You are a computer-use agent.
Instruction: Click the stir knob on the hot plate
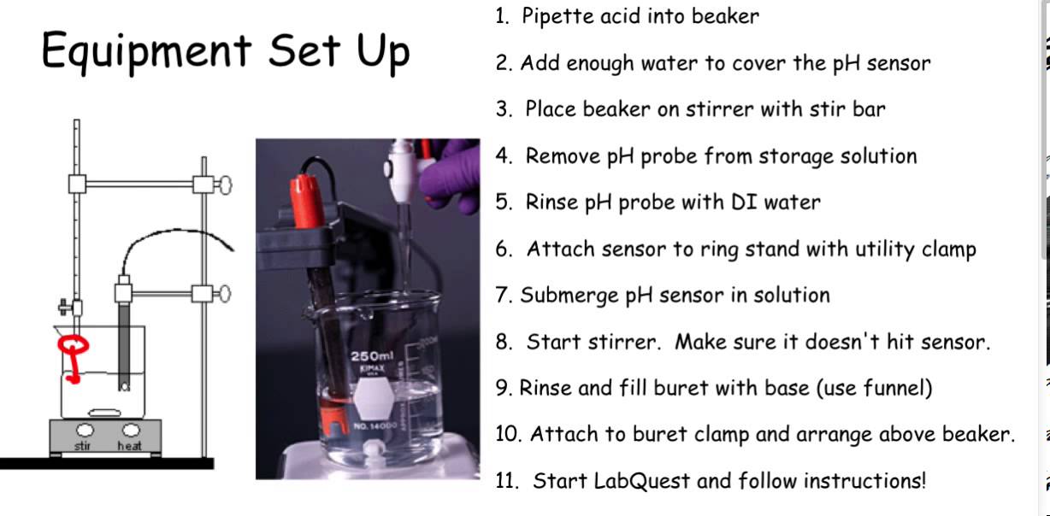tap(85, 430)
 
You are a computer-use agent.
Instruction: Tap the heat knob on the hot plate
tap(130, 430)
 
